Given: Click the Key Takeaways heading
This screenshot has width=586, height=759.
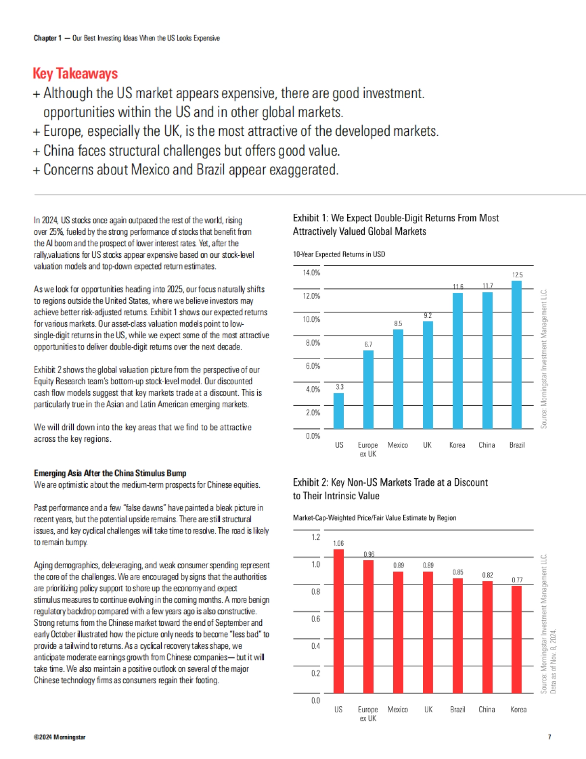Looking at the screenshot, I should point(75,74).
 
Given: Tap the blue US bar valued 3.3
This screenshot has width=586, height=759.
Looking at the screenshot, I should point(338,410).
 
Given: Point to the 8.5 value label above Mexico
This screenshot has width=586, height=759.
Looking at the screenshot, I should point(398,324).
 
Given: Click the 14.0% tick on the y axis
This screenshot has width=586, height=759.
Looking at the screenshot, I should point(312,272).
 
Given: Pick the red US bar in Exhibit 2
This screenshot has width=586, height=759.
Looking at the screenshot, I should point(338,621).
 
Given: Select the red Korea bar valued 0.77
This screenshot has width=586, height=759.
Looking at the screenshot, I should point(516,639).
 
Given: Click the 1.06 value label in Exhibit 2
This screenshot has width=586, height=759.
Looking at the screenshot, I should point(338,543).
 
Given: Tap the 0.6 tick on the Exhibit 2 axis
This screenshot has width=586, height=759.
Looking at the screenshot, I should point(315,619).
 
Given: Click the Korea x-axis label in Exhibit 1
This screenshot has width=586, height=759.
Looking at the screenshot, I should point(457,445).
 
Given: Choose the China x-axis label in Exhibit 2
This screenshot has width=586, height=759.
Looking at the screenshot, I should point(486,710).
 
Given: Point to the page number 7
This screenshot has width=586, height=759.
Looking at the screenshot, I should point(549,737).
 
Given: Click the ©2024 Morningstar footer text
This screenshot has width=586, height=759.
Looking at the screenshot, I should point(60,737).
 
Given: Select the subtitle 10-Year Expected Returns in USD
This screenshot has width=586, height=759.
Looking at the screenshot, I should point(339,254).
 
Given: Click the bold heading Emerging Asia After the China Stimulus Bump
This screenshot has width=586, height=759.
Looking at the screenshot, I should point(110,473).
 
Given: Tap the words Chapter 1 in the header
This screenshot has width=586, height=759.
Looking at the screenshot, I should point(47,38).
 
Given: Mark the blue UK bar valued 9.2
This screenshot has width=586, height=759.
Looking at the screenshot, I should point(428,375).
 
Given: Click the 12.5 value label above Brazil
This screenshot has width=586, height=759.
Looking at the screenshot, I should point(517,275).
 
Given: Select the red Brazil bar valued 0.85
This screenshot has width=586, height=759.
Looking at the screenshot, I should point(458,636).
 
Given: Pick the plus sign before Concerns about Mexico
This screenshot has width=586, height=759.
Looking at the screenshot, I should point(37,171).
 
